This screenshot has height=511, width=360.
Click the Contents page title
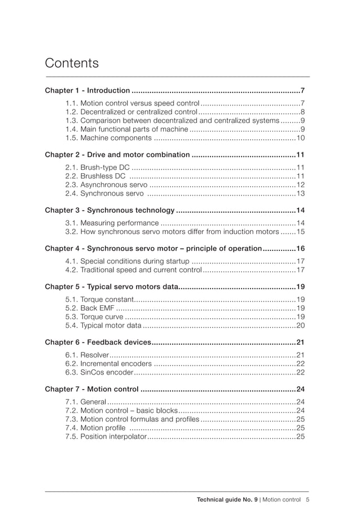72,63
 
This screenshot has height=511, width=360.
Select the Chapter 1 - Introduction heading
87,90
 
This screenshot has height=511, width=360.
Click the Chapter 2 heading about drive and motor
117,155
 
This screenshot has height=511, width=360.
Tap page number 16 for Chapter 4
300,249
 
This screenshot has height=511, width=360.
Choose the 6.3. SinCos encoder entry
99,372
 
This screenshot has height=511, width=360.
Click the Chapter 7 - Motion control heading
91,389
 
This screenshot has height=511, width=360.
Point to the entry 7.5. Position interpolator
106,437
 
